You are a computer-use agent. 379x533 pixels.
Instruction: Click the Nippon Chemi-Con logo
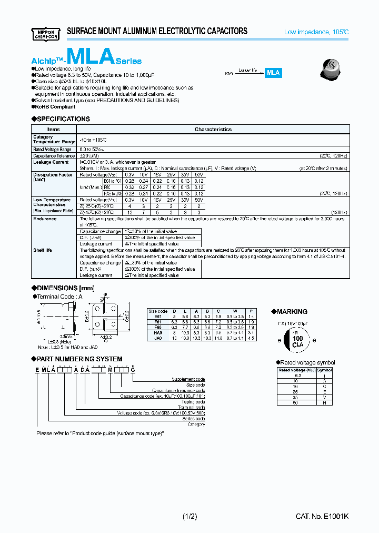pyautogui.click(x=46, y=32)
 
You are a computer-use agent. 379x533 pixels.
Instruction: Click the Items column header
pyautogui.click(x=53, y=129)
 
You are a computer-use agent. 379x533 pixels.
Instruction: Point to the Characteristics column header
pyautogui.click(x=213, y=129)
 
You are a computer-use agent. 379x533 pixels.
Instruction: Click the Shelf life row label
pyautogui.click(x=43, y=250)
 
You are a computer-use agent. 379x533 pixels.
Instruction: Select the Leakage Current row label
pyautogui.click(x=51, y=162)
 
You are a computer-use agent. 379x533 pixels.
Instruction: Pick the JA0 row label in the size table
pyautogui.click(x=157, y=339)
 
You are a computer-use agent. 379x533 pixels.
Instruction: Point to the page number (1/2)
pyautogui.click(x=191, y=517)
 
